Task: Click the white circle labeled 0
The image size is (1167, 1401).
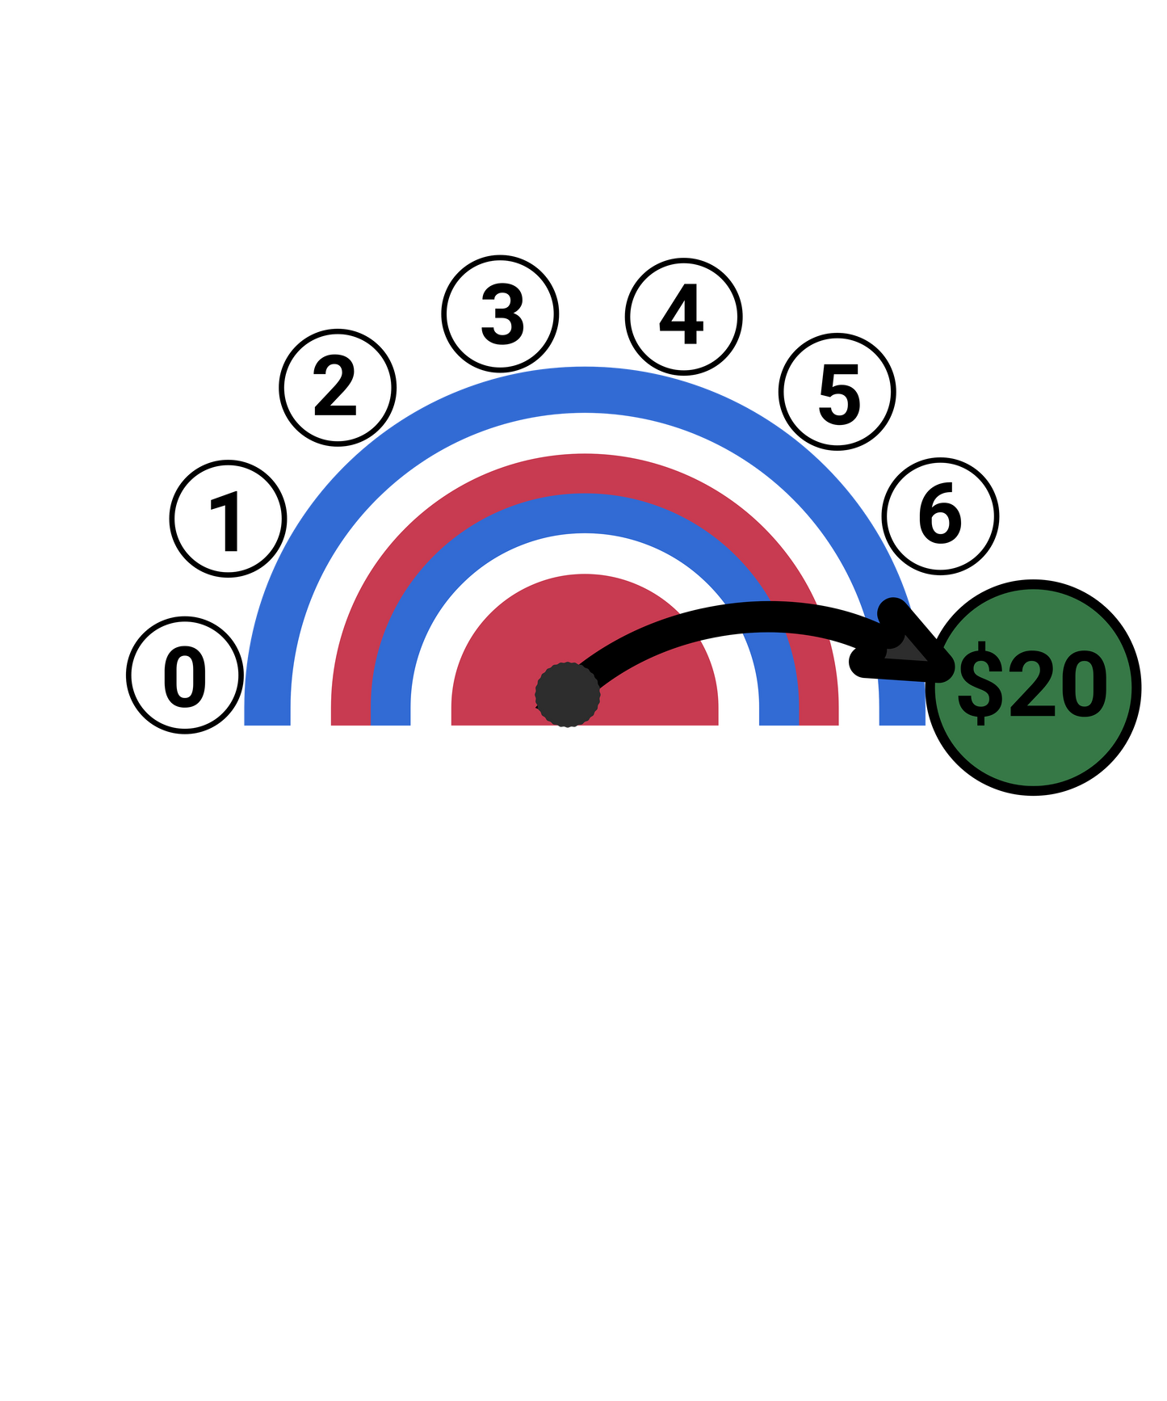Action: pos(185,675)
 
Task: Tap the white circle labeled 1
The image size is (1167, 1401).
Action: pos(228,519)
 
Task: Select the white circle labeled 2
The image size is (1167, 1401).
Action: pos(338,388)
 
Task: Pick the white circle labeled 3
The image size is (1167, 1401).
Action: pos(500,313)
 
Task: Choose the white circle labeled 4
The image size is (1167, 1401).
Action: pos(683,317)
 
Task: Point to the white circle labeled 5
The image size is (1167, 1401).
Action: pos(837,392)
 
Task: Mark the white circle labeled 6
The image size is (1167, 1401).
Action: pos(940,515)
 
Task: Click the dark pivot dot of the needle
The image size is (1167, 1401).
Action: pos(568,695)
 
